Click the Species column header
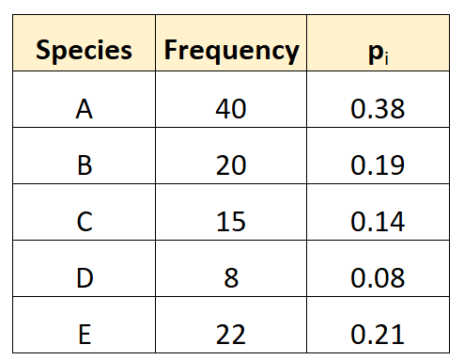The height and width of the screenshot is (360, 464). (x=84, y=50)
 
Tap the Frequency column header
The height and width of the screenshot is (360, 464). (x=232, y=50)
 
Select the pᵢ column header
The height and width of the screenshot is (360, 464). (x=379, y=53)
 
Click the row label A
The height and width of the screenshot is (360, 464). (x=85, y=109)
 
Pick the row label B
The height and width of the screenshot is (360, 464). (x=85, y=164)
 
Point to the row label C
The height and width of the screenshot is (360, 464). (x=85, y=221)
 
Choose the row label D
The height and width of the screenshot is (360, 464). (x=85, y=277)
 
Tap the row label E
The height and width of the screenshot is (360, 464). (x=85, y=334)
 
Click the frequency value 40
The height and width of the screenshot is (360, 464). (x=231, y=109)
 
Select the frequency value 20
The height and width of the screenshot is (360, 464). (x=231, y=164)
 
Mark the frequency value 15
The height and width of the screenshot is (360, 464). (x=231, y=221)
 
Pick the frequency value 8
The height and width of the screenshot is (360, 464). (x=231, y=277)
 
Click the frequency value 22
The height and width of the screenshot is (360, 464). (x=231, y=334)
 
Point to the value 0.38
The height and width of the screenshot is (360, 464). (x=378, y=109)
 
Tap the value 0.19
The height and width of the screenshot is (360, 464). (x=378, y=164)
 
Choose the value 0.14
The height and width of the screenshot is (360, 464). (x=378, y=221)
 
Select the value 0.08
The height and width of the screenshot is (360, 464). (x=378, y=277)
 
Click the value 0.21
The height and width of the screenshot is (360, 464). (x=378, y=334)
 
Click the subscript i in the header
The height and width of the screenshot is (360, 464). (x=387, y=58)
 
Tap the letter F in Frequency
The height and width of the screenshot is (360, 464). (x=172, y=49)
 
